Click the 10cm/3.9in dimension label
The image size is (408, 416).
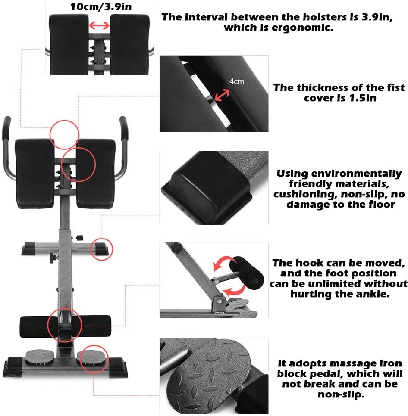point(101,6)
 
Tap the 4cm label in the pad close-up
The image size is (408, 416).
point(236,81)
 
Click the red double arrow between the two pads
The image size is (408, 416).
point(99,25)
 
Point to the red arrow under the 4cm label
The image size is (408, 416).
point(222,95)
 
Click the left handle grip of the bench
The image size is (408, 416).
point(6,128)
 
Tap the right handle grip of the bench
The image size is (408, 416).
point(124,128)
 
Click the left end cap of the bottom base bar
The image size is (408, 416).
point(13,366)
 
